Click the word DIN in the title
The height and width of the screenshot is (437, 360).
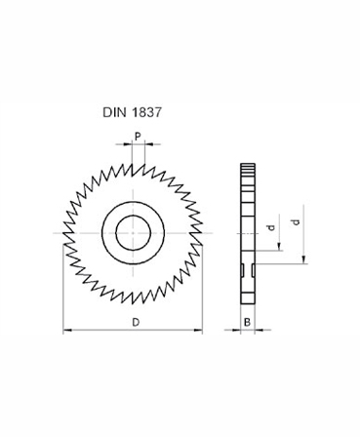(x=116, y=112)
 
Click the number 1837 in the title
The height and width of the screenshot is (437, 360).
(x=146, y=112)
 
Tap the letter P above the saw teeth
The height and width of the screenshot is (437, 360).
(x=137, y=137)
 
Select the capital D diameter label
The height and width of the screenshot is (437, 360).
(x=135, y=321)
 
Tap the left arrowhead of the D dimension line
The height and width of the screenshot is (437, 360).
(x=66, y=332)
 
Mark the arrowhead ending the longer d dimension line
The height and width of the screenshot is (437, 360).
(x=304, y=260)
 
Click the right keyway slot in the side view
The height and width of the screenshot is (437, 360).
(x=252, y=267)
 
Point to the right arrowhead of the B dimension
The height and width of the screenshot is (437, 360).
(x=259, y=332)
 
